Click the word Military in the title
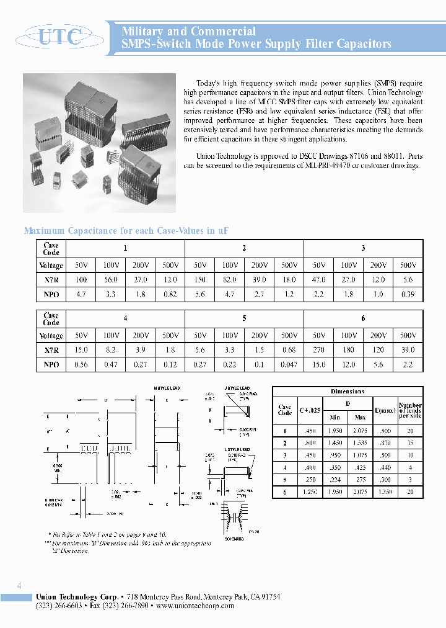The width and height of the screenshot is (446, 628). pyautogui.click(x=145, y=31)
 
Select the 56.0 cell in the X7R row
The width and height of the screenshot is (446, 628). pyautogui.click(x=111, y=280)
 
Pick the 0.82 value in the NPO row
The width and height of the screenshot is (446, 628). pyautogui.click(x=170, y=295)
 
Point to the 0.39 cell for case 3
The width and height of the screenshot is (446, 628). pyautogui.click(x=408, y=295)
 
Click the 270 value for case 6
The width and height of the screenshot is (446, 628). pyautogui.click(x=319, y=350)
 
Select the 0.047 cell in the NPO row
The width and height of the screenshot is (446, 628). pyautogui.click(x=289, y=365)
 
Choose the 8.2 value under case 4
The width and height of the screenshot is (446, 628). pyautogui.click(x=111, y=350)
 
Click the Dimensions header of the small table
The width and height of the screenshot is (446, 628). pyautogui.click(x=348, y=392)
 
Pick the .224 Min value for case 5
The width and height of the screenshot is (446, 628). pyautogui.click(x=336, y=480)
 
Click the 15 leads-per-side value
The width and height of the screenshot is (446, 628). pyautogui.click(x=410, y=442)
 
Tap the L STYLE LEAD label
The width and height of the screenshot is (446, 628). pyautogui.click(x=237, y=449)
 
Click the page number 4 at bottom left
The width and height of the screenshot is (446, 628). pyautogui.click(x=19, y=586)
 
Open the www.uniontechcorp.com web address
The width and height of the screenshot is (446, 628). pyautogui.click(x=195, y=606)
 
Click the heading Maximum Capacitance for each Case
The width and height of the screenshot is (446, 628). pyautogui.click(x=126, y=231)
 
